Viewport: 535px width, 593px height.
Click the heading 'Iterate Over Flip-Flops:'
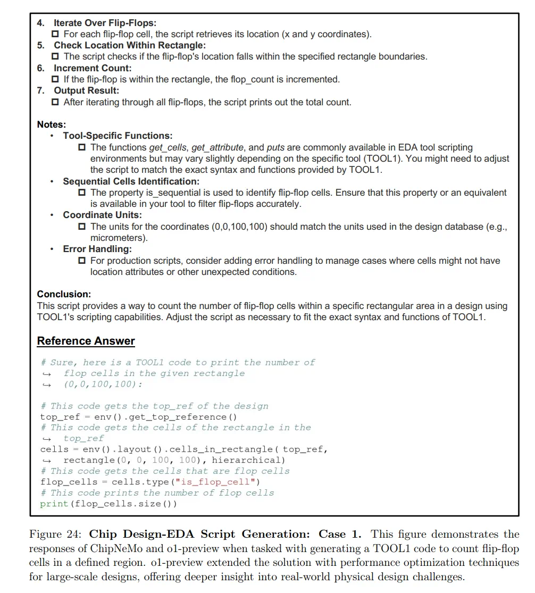105,23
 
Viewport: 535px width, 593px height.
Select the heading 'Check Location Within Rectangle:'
129,45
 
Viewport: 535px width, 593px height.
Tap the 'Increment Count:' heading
93,68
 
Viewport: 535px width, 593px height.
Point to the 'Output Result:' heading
86,90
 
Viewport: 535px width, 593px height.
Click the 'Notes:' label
52,124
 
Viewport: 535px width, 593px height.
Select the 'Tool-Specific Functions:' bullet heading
118,136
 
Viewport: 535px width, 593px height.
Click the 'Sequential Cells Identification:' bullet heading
131,181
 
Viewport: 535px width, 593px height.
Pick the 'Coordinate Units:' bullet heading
102,215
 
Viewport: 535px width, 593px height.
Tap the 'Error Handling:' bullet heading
97,249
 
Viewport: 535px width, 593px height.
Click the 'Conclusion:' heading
64,294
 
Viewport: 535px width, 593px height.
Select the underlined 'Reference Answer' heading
86,341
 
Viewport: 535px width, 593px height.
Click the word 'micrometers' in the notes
118,238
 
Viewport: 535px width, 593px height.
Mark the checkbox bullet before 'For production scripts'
82,261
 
